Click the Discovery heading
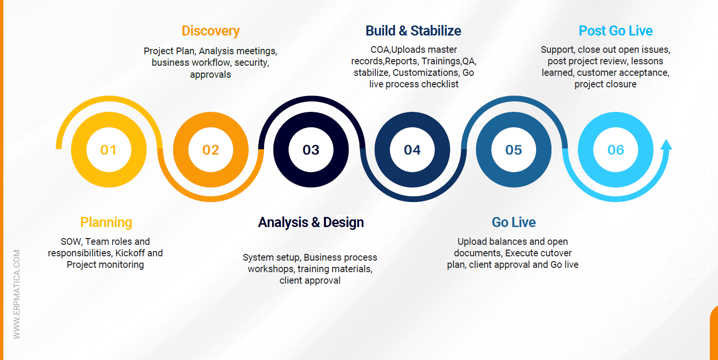[x=211, y=31]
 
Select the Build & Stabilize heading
[x=413, y=31]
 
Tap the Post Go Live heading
[x=615, y=31]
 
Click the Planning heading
[x=106, y=222]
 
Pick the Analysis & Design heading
[x=311, y=222]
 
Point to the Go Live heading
[x=514, y=222]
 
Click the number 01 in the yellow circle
[x=108, y=150]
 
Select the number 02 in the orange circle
[x=211, y=150]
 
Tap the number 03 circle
[x=311, y=150]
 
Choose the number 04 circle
[x=412, y=150]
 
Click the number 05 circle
[x=514, y=150]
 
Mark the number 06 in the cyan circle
[x=616, y=150]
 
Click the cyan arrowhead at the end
[x=666, y=144]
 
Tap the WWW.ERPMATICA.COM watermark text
[x=17, y=294]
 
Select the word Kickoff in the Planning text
[x=130, y=253]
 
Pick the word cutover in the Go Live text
[x=556, y=253]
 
